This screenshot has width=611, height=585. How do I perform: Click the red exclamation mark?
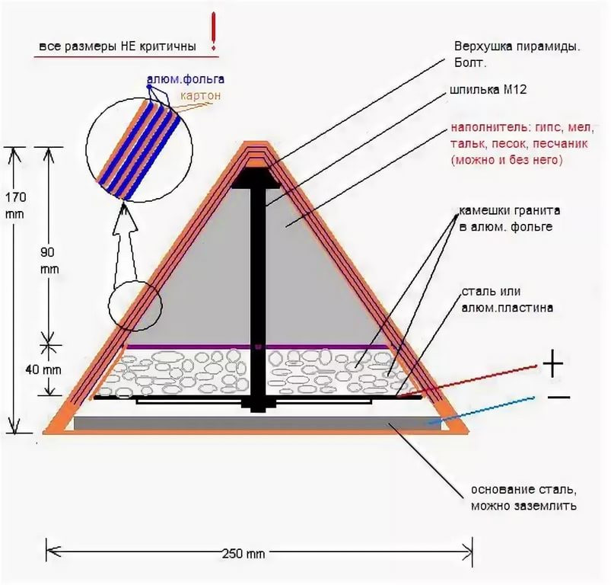coord(213,31)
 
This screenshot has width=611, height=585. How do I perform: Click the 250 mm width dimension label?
coord(243,554)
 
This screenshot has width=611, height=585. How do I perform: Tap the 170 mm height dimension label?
coord(15,206)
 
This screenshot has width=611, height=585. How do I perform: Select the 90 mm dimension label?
coord(49,261)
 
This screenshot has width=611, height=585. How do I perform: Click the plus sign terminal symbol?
coord(553,364)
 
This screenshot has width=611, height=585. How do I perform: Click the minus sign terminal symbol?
coord(558,398)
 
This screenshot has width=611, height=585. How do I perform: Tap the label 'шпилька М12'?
coord(488,90)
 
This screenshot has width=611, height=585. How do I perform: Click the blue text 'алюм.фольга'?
coord(186,79)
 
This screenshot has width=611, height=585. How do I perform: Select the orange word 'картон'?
coord(200,95)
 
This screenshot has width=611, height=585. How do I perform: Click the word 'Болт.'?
coord(470,63)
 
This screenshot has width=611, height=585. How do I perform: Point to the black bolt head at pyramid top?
coord(255,178)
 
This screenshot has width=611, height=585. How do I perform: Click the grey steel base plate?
coord(257,424)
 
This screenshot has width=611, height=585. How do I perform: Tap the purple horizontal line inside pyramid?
coord(257,347)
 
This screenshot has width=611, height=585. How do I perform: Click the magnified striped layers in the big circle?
coord(139,149)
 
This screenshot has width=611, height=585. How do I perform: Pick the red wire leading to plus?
coord(469,382)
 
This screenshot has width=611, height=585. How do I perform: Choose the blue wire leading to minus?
coord(482,411)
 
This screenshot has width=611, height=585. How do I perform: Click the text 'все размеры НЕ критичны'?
coord(117,46)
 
